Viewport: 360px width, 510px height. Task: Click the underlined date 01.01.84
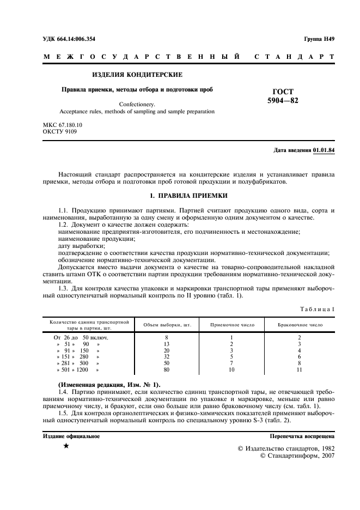point(324,150)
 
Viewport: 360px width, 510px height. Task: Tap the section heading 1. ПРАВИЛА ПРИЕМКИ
point(188,195)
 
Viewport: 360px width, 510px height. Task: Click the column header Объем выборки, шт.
point(167,325)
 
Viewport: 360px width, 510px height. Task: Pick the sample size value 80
point(167,370)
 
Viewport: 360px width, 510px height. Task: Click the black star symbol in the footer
point(65,447)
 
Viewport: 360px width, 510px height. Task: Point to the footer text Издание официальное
point(71,436)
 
